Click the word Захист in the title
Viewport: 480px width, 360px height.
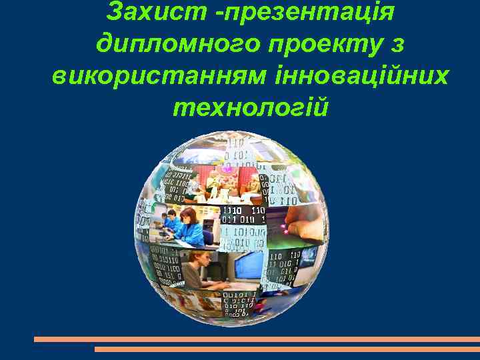point(144,12)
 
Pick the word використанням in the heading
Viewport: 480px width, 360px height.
point(158,75)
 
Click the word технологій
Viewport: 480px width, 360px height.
point(250,107)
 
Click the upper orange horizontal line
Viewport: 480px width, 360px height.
point(257,339)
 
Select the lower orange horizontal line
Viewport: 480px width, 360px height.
point(287,349)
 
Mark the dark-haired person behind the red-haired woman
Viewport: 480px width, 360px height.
point(171,217)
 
